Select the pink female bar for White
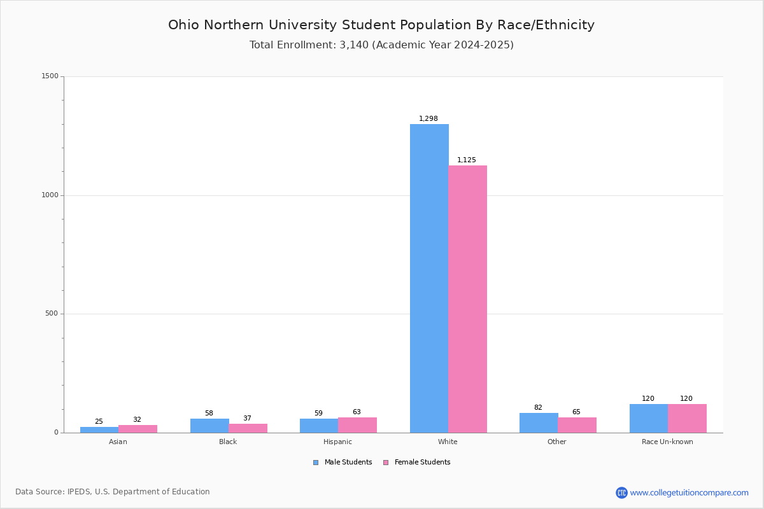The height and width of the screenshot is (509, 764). tap(467, 299)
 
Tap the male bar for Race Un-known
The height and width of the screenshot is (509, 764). tap(649, 418)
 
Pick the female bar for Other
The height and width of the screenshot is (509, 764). tap(577, 425)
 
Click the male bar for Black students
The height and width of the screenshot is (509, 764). tap(209, 426)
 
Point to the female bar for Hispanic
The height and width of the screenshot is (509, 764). tap(357, 425)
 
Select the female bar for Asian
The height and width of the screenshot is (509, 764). tap(138, 429)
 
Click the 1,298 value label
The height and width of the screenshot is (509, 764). tap(428, 119)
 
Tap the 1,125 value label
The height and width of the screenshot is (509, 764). tap(467, 160)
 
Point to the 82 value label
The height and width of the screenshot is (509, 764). tap(538, 408)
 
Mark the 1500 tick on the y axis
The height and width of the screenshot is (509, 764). tap(50, 76)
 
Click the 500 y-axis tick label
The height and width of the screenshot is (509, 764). tap(51, 314)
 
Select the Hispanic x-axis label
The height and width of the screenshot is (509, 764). tap(337, 442)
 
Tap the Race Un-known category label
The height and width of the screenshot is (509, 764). tap(667, 442)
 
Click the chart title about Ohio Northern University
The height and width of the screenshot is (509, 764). tap(381, 25)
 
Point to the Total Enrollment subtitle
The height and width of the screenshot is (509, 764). tap(381, 45)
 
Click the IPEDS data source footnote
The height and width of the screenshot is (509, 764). tap(113, 492)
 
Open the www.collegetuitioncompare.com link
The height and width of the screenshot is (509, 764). tap(689, 492)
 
